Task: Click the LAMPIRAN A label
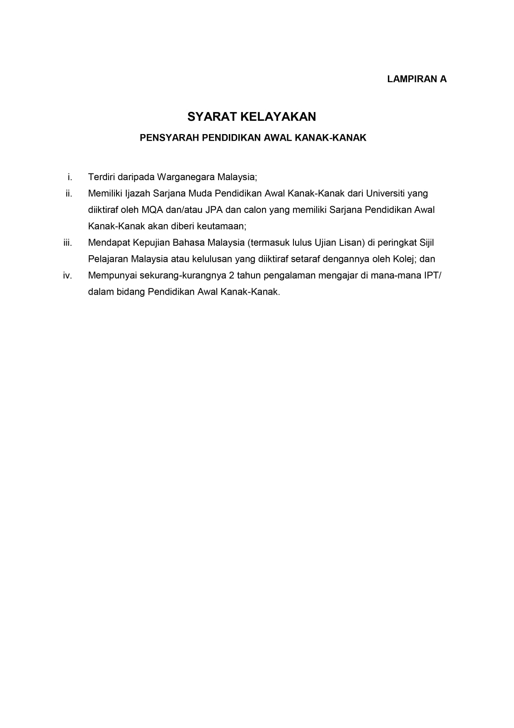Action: click(x=417, y=79)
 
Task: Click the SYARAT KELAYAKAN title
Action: click(x=252, y=117)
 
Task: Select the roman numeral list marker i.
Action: click(x=70, y=177)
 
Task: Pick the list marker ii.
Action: click(x=69, y=193)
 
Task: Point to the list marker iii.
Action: click(x=68, y=243)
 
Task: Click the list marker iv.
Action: click(x=68, y=276)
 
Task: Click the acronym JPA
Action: click(x=214, y=210)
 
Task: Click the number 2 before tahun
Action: click(x=231, y=276)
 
